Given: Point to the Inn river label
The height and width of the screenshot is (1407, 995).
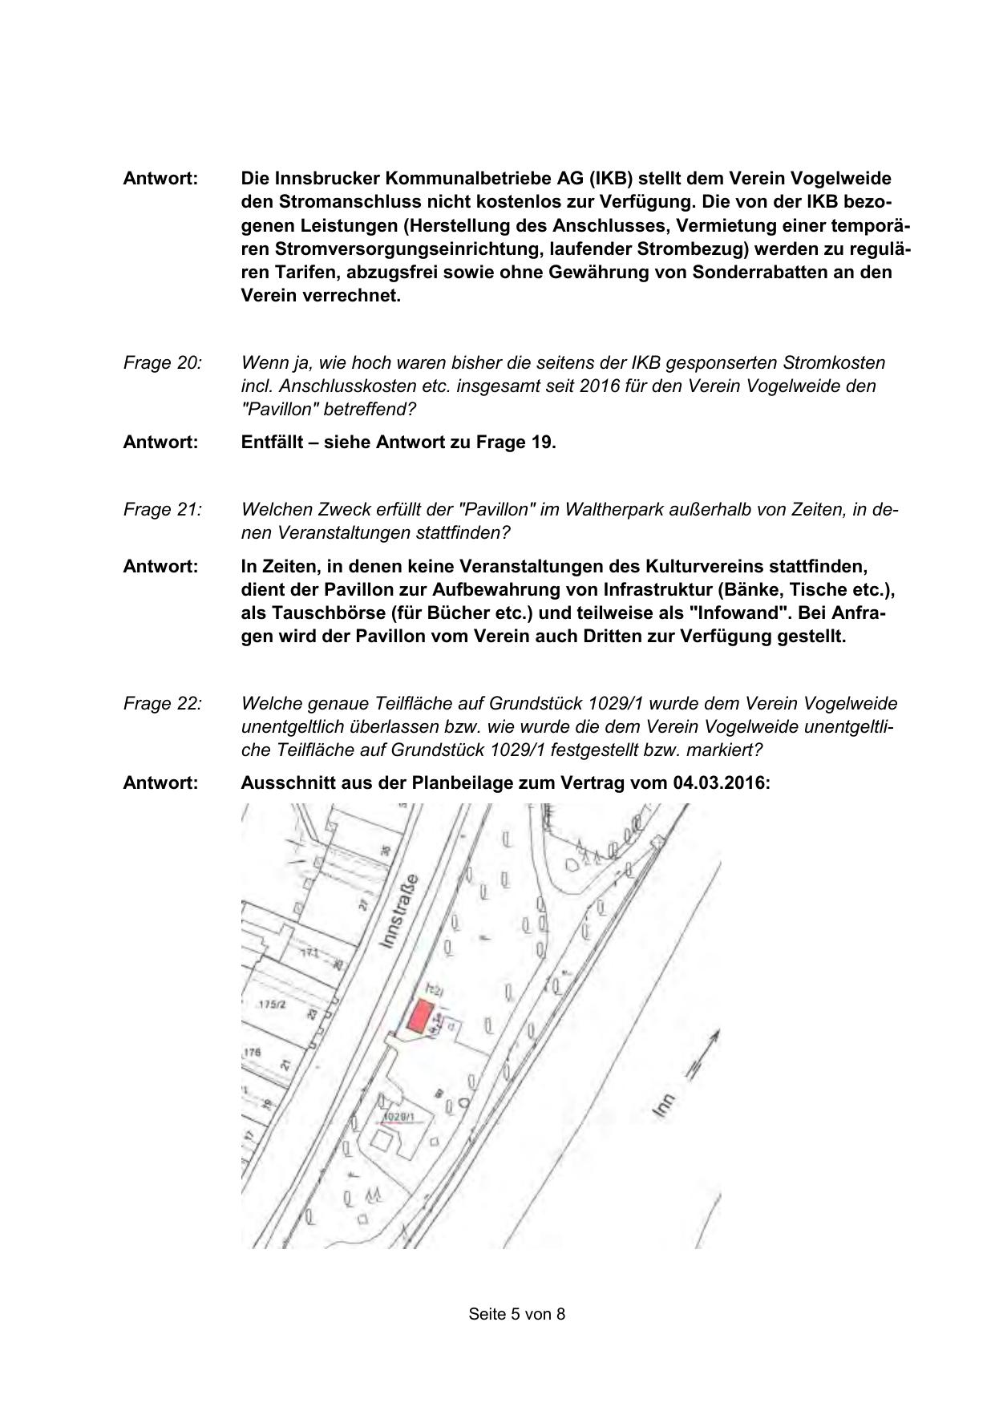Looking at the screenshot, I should [x=662, y=1106].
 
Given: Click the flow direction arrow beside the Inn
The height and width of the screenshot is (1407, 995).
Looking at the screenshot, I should [x=701, y=1055].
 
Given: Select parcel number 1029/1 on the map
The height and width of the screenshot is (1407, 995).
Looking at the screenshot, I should [x=398, y=1117].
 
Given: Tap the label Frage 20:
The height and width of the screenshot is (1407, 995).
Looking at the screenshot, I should [x=162, y=362].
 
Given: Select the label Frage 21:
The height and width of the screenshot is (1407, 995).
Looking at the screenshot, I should [x=162, y=509].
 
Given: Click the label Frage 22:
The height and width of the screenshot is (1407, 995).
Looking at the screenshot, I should [x=162, y=703].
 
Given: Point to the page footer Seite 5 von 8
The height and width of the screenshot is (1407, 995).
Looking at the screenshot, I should [x=517, y=1314].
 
